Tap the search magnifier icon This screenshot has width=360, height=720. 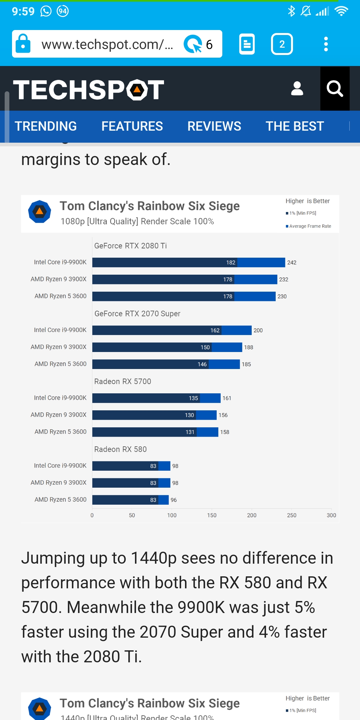point(335,89)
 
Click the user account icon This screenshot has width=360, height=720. point(297,89)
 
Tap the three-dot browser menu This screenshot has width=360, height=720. point(326,44)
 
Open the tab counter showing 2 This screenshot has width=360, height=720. point(282,44)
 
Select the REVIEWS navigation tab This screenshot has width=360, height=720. point(214,126)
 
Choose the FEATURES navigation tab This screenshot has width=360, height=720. point(132,126)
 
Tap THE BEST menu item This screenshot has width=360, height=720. point(295,126)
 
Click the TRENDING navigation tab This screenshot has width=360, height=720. point(46,126)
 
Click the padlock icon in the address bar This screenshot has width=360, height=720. point(23,44)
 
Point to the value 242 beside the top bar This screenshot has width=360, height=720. point(292,263)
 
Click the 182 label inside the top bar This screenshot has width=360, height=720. point(231,263)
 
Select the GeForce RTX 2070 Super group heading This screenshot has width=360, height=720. point(137,314)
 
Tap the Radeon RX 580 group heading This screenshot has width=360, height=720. point(120,449)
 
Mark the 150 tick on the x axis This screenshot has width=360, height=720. point(212,515)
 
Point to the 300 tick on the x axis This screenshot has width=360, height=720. point(331,515)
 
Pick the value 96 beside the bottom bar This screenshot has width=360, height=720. point(174,500)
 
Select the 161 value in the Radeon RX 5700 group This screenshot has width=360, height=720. point(227,398)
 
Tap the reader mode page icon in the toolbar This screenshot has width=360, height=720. point(247,44)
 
